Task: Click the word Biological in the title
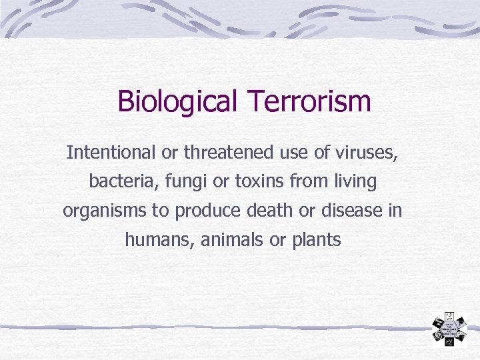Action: click(x=177, y=102)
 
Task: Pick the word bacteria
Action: click(x=116, y=181)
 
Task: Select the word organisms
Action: click(x=105, y=211)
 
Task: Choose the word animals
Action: click(x=231, y=239)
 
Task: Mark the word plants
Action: click(x=317, y=239)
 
